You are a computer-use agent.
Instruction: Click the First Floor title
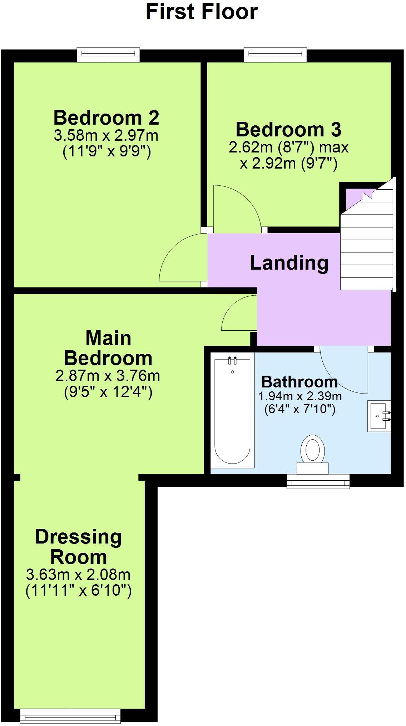pos(202,12)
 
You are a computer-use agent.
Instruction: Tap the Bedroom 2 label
pos(106,118)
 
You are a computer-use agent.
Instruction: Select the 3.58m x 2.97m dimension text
pos(106,136)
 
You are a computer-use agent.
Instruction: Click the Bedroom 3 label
pos(288,130)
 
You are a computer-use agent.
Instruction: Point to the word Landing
pos(289,263)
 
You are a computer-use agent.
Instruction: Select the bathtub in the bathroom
pos(232,411)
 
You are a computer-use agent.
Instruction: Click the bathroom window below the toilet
pos(318,481)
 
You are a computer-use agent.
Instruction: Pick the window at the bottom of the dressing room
pos(70,716)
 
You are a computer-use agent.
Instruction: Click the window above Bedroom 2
pos(108,54)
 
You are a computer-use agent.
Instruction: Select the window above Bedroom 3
pos(275,54)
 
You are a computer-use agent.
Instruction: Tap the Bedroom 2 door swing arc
pos(172,250)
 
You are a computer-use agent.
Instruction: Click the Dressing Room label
pos(79,547)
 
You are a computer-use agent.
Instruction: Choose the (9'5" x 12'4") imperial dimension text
pos(108,392)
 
